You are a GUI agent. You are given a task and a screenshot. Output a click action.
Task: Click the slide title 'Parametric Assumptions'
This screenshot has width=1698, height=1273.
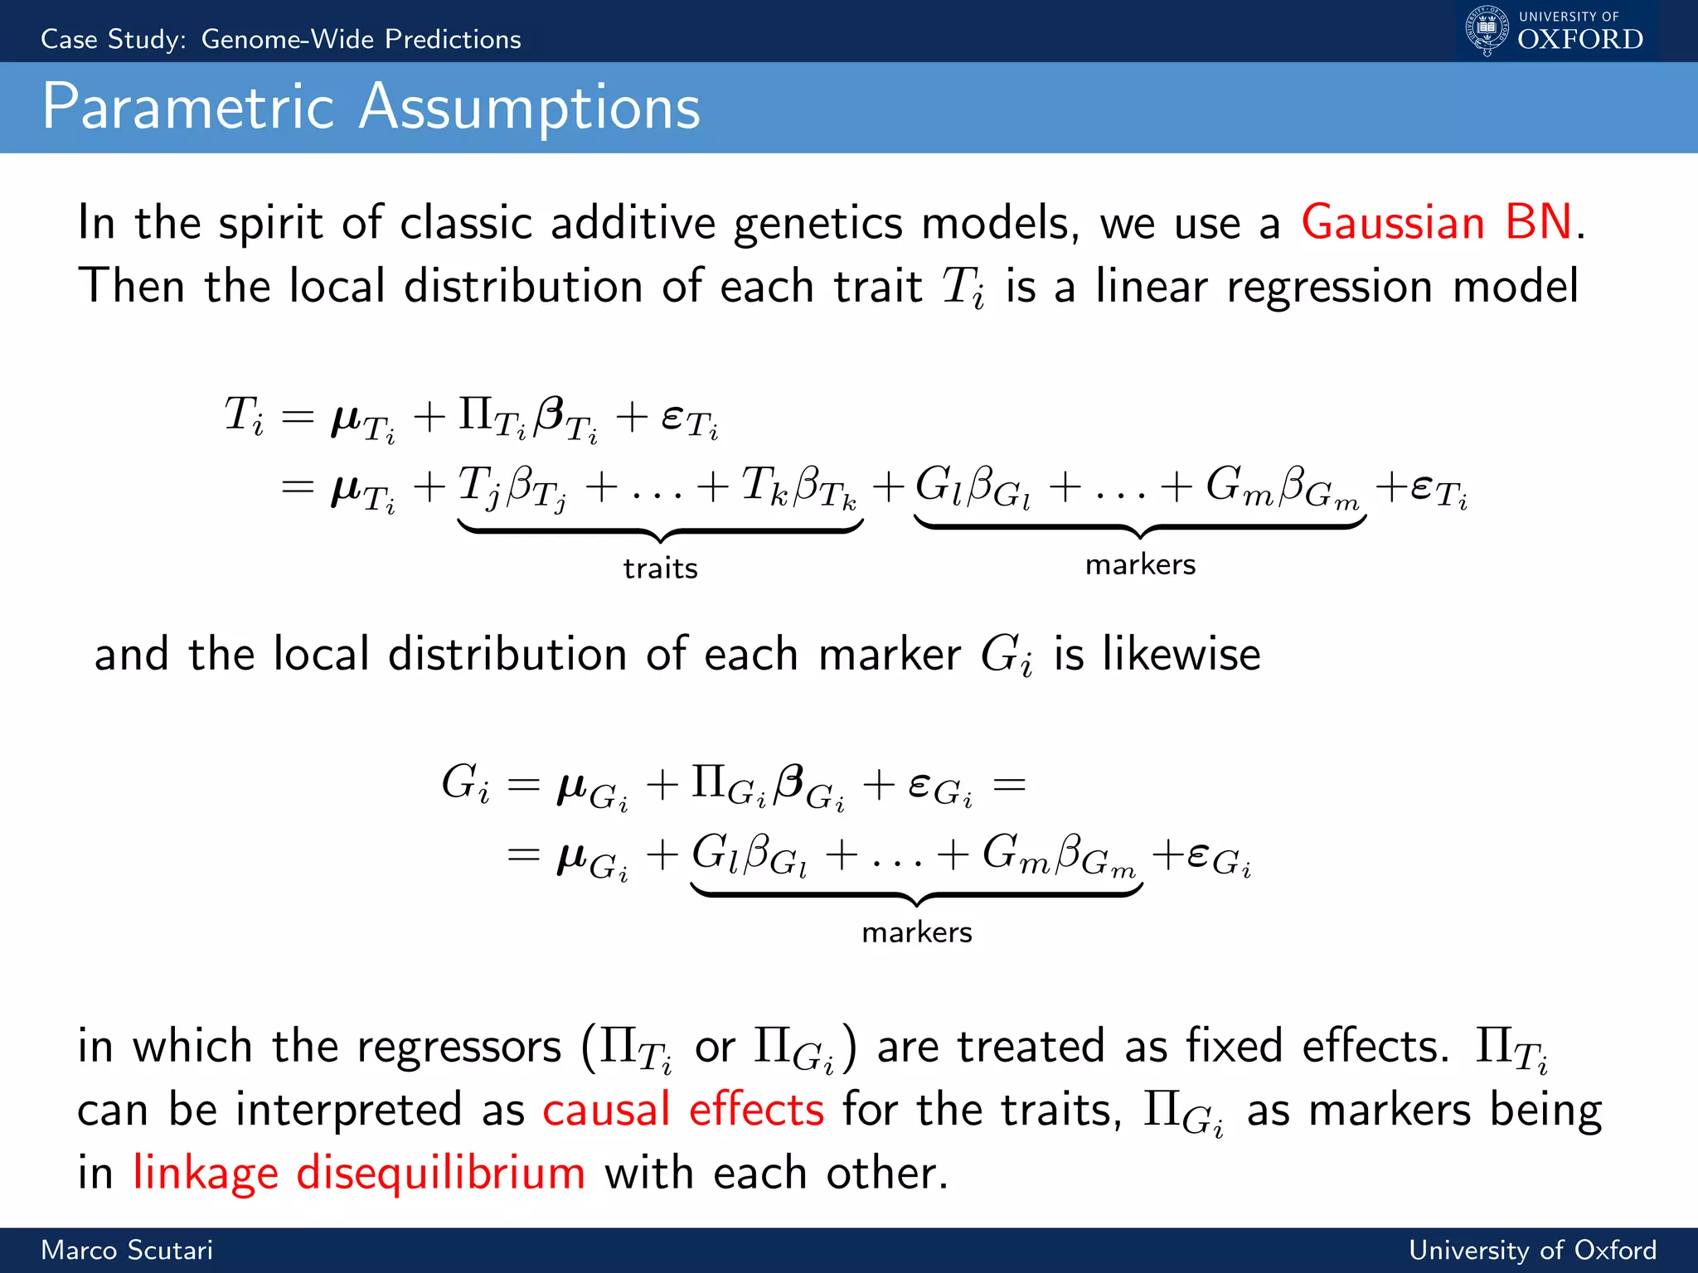(x=371, y=108)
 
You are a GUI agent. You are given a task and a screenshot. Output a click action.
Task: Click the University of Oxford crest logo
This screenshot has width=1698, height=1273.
(x=1487, y=31)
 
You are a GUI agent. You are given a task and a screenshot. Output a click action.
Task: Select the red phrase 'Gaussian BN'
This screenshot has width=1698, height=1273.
(x=1436, y=223)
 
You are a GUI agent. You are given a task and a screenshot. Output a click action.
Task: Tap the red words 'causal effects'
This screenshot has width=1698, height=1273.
(x=683, y=1110)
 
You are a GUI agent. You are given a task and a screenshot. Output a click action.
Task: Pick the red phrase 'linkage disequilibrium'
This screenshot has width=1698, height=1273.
(x=358, y=1174)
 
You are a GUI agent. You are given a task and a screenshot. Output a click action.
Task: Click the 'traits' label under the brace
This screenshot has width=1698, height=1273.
(x=660, y=569)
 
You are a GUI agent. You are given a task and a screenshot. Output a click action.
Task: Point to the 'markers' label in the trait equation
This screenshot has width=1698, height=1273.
(x=1140, y=564)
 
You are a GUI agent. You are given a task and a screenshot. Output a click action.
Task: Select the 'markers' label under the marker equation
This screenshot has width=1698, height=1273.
(x=916, y=932)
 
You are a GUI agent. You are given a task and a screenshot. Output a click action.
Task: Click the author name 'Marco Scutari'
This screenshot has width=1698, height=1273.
(x=127, y=1250)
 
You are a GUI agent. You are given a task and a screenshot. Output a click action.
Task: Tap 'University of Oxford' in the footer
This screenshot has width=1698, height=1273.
(x=1532, y=1250)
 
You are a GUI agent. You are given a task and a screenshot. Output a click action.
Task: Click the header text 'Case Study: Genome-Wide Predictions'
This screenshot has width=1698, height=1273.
(x=281, y=39)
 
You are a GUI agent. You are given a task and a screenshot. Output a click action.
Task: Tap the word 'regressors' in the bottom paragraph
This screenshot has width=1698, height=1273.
(x=459, y=1047)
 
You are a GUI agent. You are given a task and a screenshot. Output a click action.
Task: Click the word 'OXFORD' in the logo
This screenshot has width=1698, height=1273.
(x=1579, y=40)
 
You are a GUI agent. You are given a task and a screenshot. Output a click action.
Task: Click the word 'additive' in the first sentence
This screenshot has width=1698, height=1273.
(x=633, y=223)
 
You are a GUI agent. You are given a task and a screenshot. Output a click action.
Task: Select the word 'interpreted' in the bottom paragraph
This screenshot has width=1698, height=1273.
(x=348, y=1110)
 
